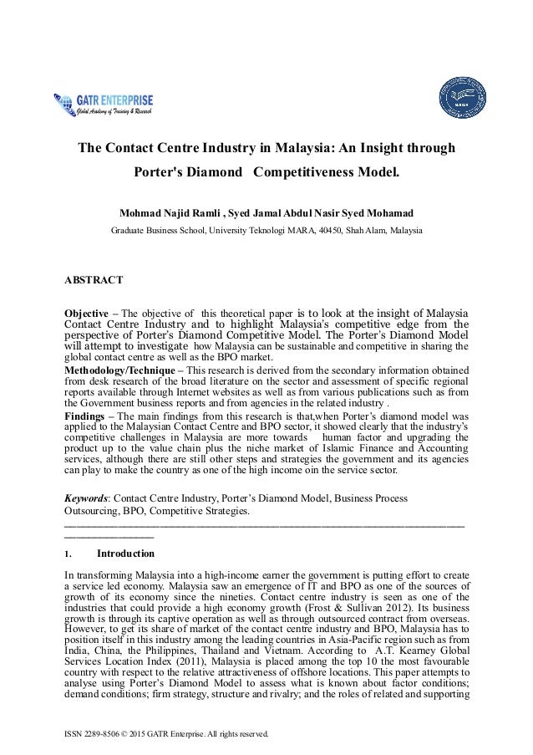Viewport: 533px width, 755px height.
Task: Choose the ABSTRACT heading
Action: [x=94, y=278]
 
